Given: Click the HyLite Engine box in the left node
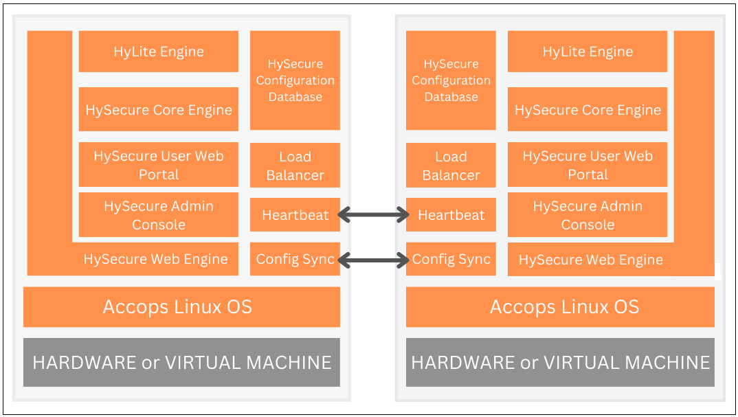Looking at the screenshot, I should pos(158,52).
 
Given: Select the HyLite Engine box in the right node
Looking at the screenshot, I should pos(587,52).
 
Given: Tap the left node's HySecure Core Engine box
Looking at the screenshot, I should pos(158,110).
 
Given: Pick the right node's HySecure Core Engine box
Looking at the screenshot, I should pos(587,110).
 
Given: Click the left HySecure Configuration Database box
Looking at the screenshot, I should pos(295,80).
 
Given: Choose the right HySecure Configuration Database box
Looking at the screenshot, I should pos(451,80).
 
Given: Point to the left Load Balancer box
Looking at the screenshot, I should pos(295,166).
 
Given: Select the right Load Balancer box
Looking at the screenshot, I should pos(451,166).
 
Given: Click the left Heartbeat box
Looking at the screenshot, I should pos(295,215).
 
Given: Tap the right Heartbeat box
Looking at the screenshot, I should pos(451,215).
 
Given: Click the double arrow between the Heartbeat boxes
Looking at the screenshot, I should pos(373,216).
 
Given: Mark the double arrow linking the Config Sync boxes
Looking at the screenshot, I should pos(373,260).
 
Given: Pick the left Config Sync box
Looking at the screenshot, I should pos(295,259).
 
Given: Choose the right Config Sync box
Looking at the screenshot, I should pos(451,259).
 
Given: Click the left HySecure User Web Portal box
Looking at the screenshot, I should pos(158,165).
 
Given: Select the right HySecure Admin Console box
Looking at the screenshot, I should pos(587,215).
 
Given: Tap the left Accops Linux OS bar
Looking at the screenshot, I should pos(181,306).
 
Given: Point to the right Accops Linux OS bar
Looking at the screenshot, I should pos(560,306).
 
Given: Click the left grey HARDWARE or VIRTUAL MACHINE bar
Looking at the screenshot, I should pos(181,362).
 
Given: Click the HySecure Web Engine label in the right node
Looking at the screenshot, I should pos(590,260).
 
